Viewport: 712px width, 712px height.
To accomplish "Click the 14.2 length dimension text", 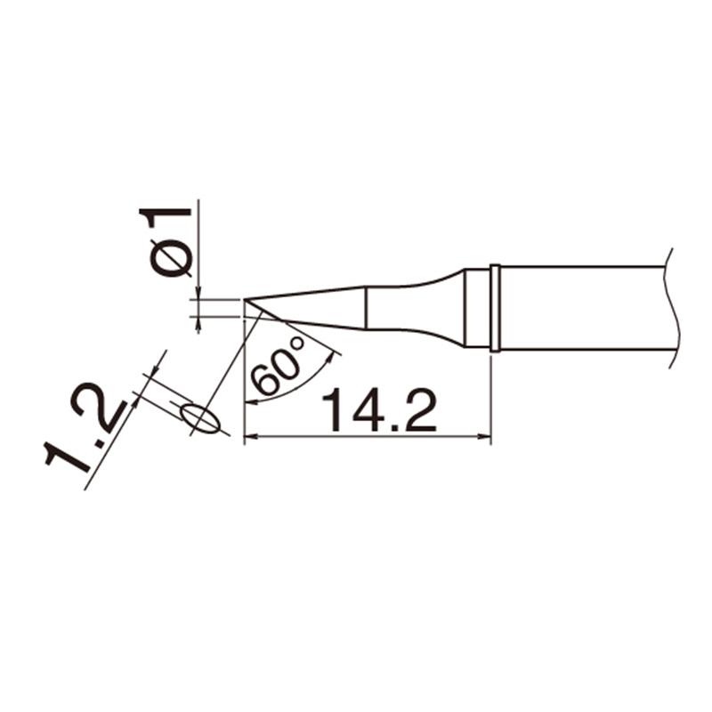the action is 380,409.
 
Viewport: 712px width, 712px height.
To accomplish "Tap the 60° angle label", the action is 278,366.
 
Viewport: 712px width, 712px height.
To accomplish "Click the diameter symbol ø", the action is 171,257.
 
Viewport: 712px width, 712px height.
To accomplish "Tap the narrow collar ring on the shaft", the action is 496,308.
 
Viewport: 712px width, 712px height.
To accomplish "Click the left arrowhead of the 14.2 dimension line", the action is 252,437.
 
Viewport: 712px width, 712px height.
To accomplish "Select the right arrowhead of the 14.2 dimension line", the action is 484,437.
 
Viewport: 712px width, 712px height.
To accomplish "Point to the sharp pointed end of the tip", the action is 244,299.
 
